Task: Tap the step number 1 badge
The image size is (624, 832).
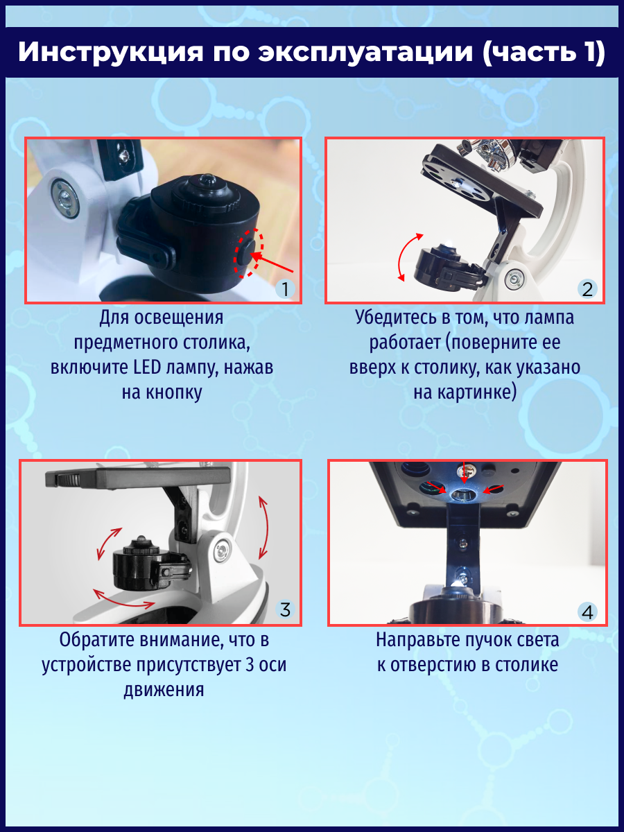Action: pyautogui.click(x=285, y=289)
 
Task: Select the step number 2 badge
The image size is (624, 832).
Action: pyautogui.click(x=587, y=289)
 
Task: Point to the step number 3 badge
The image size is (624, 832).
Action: pyautogui.click(x=285, y=609)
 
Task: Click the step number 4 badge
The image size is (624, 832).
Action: pyautogui.click(x=587, y=612)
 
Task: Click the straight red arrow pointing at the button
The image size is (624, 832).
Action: pyautogui.click(x=272, y=262)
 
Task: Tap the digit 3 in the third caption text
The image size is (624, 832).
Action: pyautogui.click(x=250, y=664)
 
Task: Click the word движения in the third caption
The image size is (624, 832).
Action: pyautogui.click(x=164, y=690)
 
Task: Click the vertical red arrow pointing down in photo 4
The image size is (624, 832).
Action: pyautogui.click(x=465, y=473)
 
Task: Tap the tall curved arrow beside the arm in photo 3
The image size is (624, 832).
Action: pyautogui.click(x=264, y=527)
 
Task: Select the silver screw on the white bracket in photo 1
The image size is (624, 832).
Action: pyautogui.click(x=65, y=198)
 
